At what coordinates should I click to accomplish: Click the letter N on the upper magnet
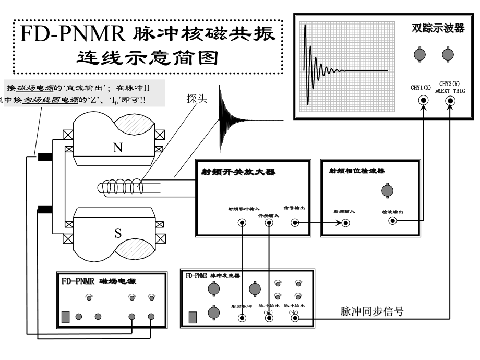click(x=117, y=148)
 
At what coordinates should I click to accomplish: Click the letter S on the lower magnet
click(x=118, y=233)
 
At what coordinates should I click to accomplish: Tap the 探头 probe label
click(x=196, y=99)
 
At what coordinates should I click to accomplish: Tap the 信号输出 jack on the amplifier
click(x=295, y=223)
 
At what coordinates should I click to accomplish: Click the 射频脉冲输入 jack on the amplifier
click(x=242, y=223)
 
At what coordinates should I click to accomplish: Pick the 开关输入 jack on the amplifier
click(x=269, y=223)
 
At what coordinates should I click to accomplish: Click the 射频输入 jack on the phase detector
click(x=345, y=223)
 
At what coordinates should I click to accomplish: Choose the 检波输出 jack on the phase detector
click(x=392, y=221)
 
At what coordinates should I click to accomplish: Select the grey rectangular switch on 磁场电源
click(x=66, y=317)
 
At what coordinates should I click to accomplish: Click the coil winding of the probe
click(x=125, y=186)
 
